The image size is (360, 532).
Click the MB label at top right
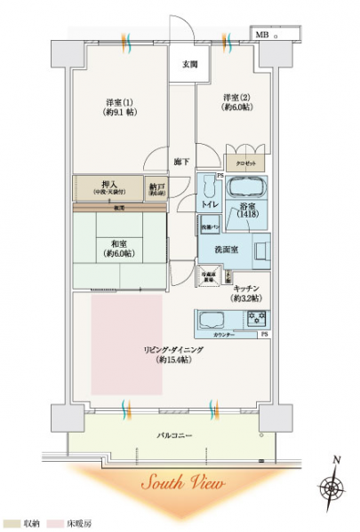click(262, 34)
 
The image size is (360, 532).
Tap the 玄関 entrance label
click(190, 64)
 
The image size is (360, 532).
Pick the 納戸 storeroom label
click(158, 187)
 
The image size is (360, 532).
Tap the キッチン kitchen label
click(245, 293)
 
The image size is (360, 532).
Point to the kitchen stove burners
click(258, 318)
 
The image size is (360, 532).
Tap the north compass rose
click(334, 488)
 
